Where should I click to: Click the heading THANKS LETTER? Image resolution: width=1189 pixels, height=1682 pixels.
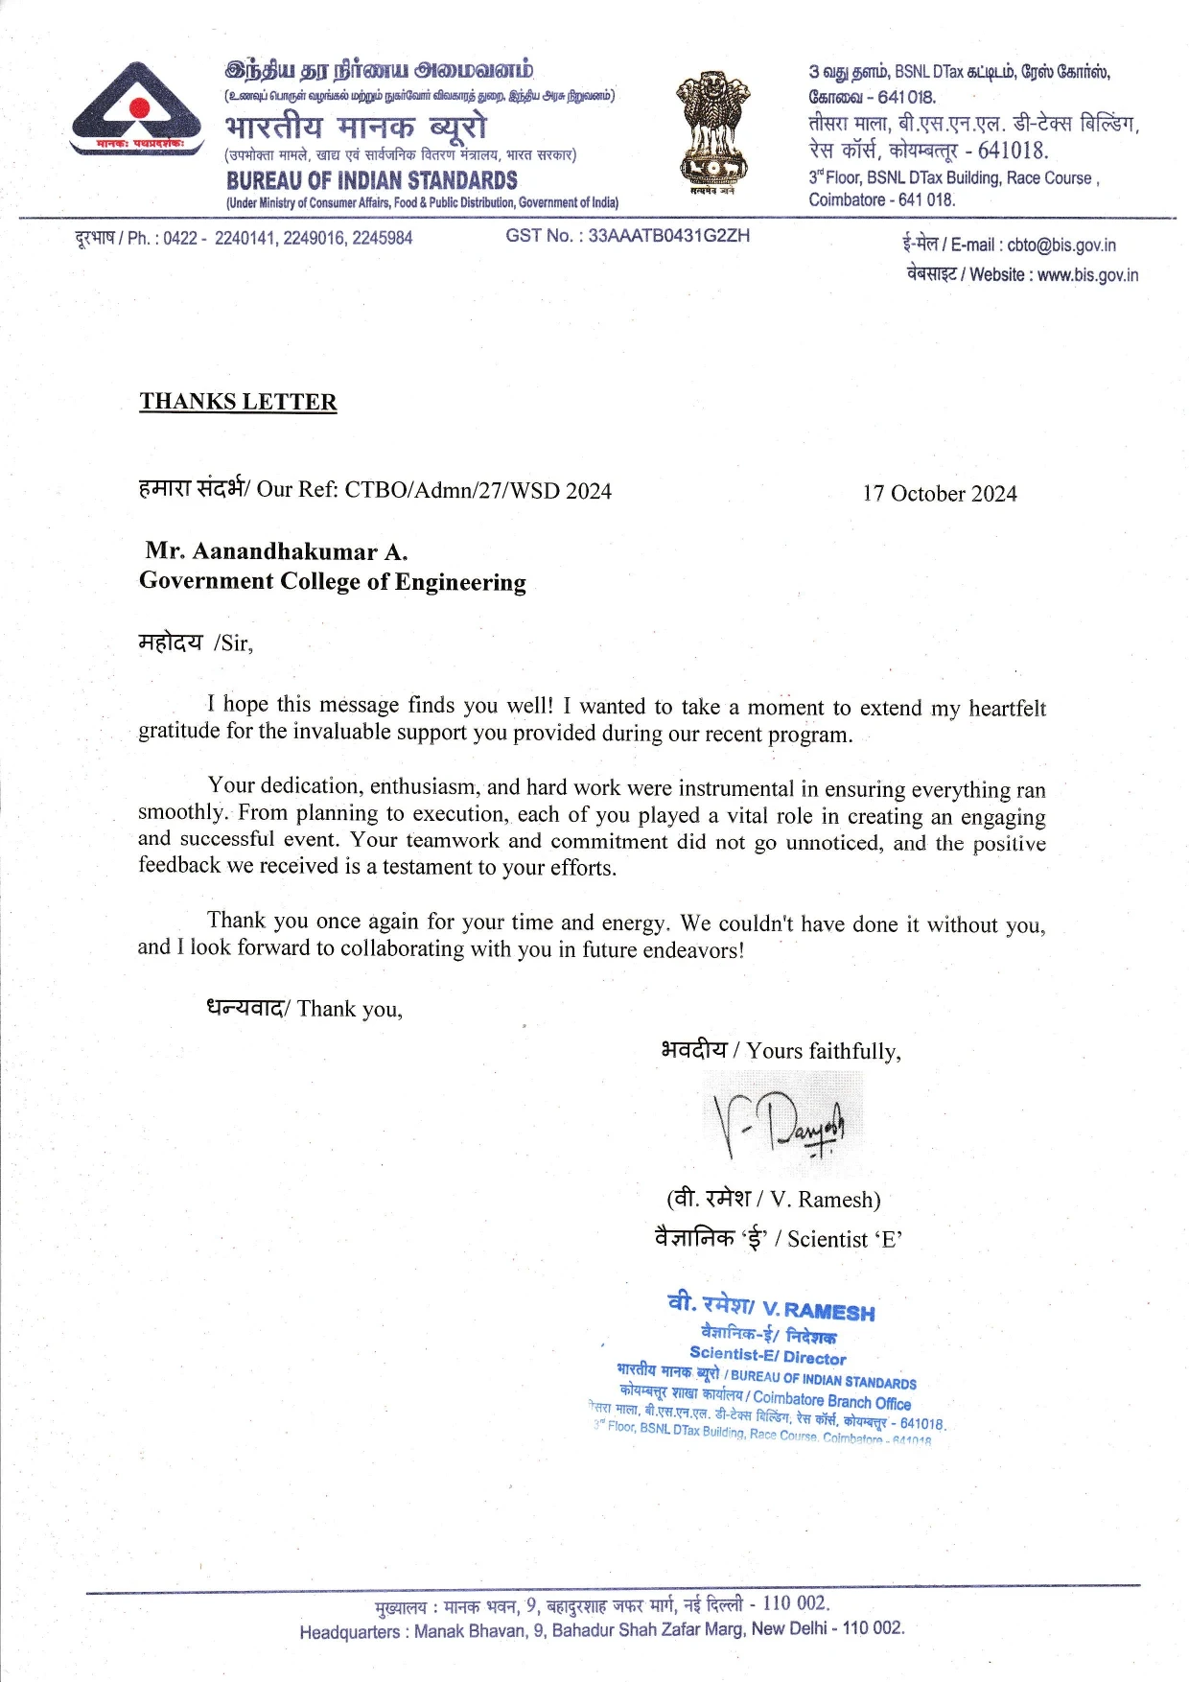pyautogui.click(x=238, y=402)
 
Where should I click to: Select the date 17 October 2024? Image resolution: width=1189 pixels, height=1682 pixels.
pyautogui.click(x=939, y=494)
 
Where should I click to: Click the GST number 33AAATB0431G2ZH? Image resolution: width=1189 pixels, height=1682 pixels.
pyautogui.click(x=668, y=236)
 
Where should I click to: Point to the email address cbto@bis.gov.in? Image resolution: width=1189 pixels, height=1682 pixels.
pyautogui.click(x=1061, y=245)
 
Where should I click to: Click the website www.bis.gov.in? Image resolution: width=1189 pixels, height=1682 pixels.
pyautogui.click(x=1087, y=275)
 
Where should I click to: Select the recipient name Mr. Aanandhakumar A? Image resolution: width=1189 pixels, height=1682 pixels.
pyautogui.click(x=276, y=552)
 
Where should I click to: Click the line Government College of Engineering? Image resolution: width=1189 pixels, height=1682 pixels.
pyautogui.click(x=332, y=582)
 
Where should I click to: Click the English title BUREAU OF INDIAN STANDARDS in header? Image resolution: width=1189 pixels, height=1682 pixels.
pyautogui.click(x=372, y=180)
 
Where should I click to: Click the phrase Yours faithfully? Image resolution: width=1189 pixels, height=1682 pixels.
pyautogui.click(x=823, y=1052)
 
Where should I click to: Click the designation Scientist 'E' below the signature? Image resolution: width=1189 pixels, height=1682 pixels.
pyautogui.click(x=845, y=1240)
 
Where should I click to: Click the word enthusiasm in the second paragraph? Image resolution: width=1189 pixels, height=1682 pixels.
pyautogui.click(x=423, y=787)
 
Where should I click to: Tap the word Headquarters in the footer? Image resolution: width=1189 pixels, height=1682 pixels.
pyautogui.click(x=349, y=1632)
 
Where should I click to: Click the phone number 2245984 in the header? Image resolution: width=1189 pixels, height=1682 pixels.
pyautogui.click(x=382, y=238)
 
